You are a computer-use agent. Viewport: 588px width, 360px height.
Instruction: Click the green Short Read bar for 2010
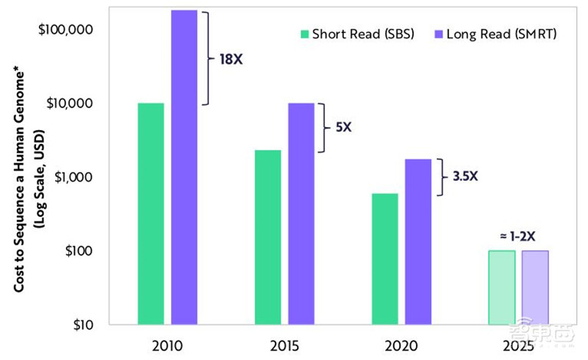click(x=151, y=213)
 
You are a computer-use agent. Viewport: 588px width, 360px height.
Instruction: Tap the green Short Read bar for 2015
click(x=268, y=237)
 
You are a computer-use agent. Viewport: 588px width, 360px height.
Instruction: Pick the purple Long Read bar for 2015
click(x=301, y=213)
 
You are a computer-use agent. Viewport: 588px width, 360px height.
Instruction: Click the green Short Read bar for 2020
click(x=385, y=259)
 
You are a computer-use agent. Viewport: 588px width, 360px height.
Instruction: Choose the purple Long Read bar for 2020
click(x=418, y=241)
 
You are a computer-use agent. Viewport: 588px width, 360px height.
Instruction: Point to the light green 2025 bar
click(x=502, y=287)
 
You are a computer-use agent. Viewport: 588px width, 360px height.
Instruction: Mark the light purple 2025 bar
click(x=535, y=287)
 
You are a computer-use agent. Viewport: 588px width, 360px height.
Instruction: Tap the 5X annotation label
click(x=343, y=127)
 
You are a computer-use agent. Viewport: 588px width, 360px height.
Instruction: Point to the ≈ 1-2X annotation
click(x=519, y=237)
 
